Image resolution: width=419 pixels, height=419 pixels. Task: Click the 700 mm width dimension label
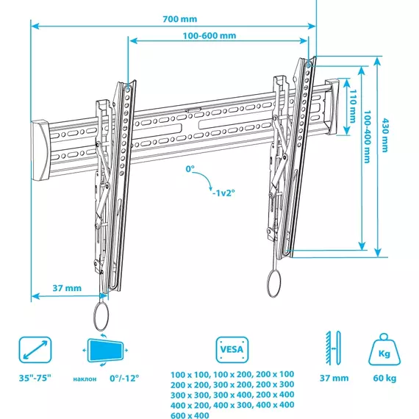pos(180,19)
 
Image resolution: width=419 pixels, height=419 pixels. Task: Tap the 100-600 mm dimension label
pos(209,36)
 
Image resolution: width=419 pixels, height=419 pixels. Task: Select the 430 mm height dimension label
pos(384,135)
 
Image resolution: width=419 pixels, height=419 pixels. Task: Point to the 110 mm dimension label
pos(353,106)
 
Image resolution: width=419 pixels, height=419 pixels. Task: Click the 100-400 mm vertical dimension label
pos(367,137)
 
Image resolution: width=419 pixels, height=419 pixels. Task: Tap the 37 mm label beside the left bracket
pos(67,288)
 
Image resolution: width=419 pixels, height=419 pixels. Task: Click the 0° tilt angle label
pos(190,169)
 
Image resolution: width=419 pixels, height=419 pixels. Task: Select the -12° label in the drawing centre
pos(223,193)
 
